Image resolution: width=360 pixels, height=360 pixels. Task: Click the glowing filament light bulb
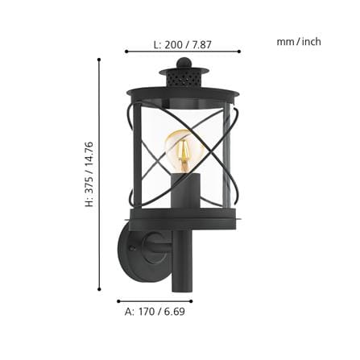[x=184, y=151]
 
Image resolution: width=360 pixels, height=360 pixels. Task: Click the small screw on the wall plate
[x=132, y=248]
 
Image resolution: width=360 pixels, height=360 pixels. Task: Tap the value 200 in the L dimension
[x=173, y=44]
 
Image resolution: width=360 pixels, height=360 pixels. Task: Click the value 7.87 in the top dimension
[x=201, y=44]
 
